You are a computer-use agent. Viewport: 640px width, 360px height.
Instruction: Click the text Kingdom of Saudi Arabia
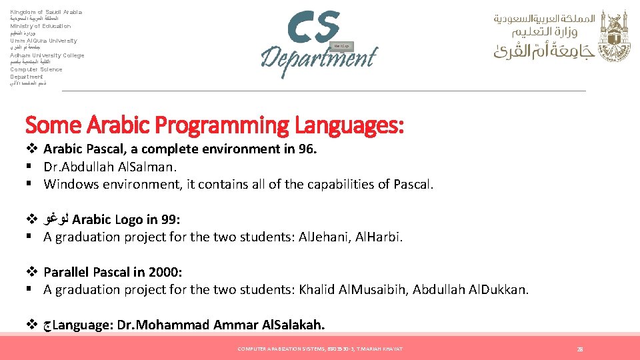[x=46, y=12]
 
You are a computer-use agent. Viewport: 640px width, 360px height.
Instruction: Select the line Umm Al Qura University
[x=43, y=41]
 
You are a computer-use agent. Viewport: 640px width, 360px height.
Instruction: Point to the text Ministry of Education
[x=40, y=26]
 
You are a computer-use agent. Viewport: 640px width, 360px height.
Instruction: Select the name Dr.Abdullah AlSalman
[x=109, y=167]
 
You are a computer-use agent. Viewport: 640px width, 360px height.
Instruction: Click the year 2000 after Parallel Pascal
[x=166, y=272]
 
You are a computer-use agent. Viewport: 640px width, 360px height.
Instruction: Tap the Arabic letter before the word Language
[x=47, y=326]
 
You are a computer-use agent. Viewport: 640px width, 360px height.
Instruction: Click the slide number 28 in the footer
[x=580, y=349]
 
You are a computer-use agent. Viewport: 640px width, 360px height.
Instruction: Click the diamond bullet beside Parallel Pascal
[x=31, y=272]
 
